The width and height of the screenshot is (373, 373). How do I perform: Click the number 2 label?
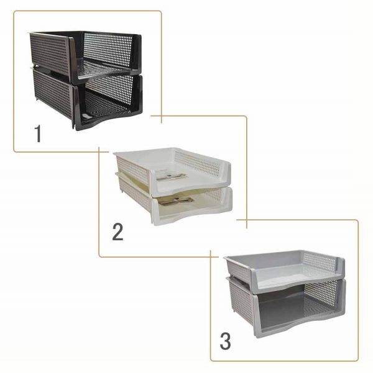pos(117,231)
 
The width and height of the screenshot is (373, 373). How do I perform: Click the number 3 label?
pos(225,341)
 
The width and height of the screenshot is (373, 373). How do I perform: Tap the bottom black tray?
pos(88,100)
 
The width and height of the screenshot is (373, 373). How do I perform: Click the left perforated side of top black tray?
pos(50,54)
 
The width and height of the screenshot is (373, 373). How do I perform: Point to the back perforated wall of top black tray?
pos(108,49)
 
